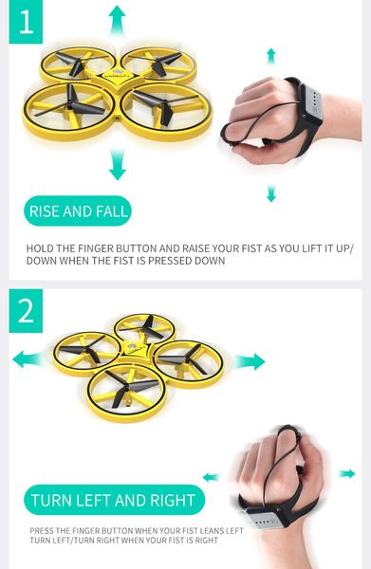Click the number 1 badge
[x=26, y=22]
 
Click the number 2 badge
[x=26, y=311]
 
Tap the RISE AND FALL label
[x=78, y=211]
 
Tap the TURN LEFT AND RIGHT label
[x=114, y=500]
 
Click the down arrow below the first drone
[x=118, y=164]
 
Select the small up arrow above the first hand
[x=270, y=56]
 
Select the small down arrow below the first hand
[x=271, y=193]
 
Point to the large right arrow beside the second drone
[x=250, y=361]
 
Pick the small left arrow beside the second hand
[x=211, y=477]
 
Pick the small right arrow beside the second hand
[x=347, y=473]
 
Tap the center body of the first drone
[x=116, y=81]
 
